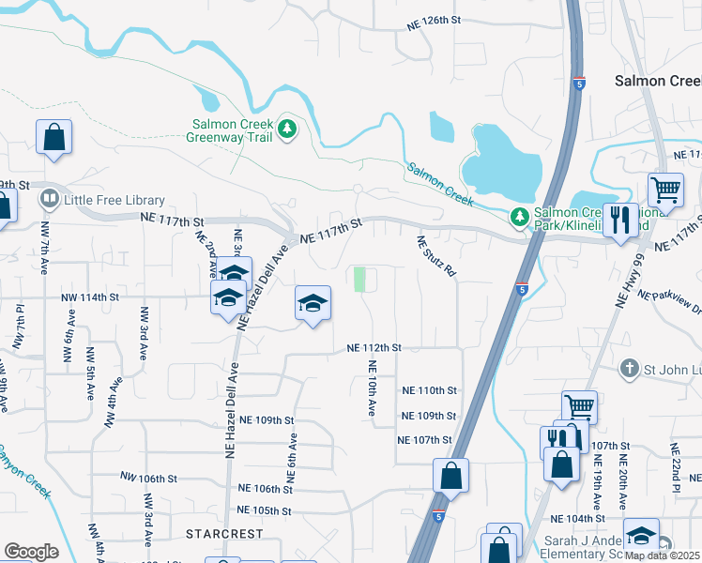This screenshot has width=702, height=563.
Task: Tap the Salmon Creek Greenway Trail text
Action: (232, 130)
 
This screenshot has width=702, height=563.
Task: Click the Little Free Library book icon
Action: (48, 200)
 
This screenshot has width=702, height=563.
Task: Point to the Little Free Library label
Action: (114, 200)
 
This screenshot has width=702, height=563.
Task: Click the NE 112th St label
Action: (374, 347)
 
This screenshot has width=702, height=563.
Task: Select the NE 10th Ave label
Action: (373, 389)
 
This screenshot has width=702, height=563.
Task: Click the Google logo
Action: (31, 552)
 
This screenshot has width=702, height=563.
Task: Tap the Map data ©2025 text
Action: (662, 555)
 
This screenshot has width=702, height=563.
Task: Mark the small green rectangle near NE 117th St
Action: (359, 280)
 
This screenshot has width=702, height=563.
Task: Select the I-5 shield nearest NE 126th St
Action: (579, 84)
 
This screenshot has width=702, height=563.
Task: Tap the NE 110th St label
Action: (428, 390)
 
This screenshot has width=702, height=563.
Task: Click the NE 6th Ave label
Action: (291, 458)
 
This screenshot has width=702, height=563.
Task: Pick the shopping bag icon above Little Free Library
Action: (54, 137)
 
